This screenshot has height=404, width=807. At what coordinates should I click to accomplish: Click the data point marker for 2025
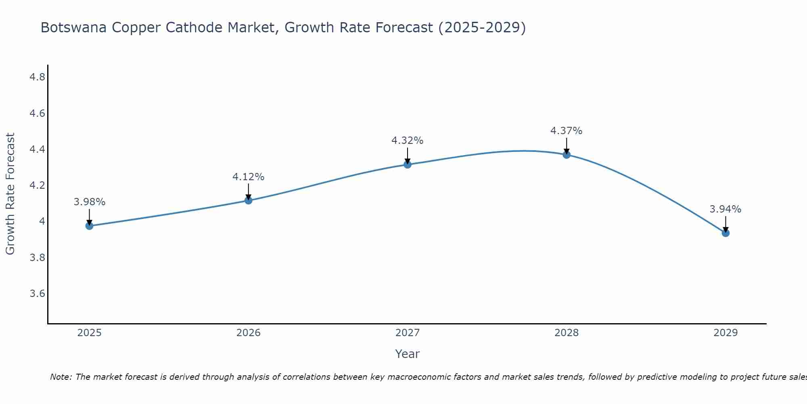click(x=89, y=225)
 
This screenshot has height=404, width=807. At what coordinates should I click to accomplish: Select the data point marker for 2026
click(x=248, y=200)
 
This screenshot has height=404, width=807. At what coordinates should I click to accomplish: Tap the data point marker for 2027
click(x=407, y=164)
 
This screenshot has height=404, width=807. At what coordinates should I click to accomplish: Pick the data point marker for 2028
click(x=567, y=154)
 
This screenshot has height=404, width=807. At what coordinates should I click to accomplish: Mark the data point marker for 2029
click(x=725, y=233)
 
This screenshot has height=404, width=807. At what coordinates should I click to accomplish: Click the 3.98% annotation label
click(x=89, y=202)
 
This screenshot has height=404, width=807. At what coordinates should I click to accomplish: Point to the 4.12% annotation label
click(x=248, y=177)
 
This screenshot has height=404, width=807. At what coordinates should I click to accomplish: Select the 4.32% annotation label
click(x=407, y=141)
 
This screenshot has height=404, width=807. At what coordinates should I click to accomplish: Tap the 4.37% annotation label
click(x=567, y=131)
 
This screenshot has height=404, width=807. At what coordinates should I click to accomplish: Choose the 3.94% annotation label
click(x=725, y=209)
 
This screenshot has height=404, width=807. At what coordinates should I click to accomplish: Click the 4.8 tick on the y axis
click(x=37, y=77)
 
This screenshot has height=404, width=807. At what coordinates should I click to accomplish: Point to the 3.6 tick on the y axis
click(x=37, y=294)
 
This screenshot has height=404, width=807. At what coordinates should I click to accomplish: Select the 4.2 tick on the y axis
click(x=37, y=185)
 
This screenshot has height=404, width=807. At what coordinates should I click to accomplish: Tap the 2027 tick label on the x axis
click(x=407, y=333)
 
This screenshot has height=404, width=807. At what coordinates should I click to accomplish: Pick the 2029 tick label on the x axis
click(x=725, y=333)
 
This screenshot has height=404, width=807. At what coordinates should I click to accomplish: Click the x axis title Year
click(x=407, y=354)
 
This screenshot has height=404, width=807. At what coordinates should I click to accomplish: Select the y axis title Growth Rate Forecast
click(x=10, y=194)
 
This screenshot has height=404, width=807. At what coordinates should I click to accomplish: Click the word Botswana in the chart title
click(x=74, y=28)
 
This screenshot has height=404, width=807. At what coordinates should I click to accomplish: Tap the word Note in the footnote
click(x=61, y=377)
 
